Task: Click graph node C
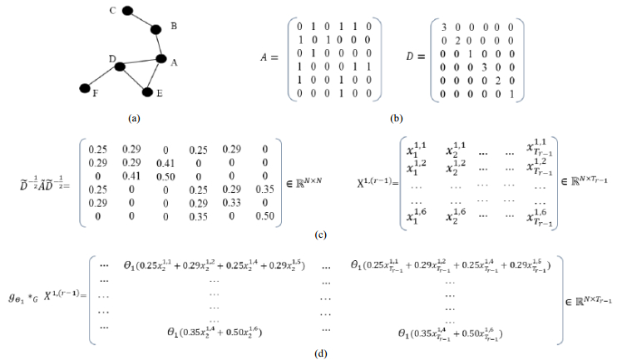[x=127, y=11]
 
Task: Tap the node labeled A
[x=162, y=59]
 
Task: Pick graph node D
[x=120, y=66]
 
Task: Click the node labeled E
[x=148, y=91]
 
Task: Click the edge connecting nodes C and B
[x=141, y=20]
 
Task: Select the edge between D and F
[x=102, y=76]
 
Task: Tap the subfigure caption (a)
[x=133, y=119]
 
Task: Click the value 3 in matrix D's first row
[x=445, y=26]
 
